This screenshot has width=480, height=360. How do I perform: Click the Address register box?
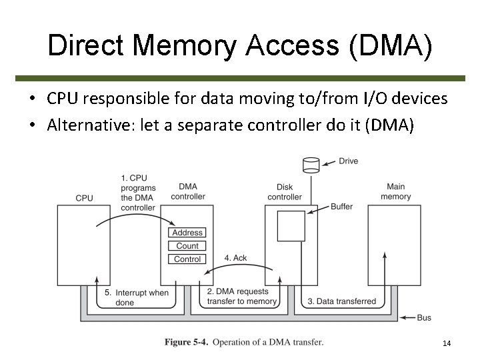point(187,233)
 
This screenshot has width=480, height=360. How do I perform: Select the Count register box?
point(187,246)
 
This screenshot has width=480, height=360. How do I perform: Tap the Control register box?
point(187,259)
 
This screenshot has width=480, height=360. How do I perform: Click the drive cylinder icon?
point(311,163)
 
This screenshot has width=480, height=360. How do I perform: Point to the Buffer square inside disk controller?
point(291,225)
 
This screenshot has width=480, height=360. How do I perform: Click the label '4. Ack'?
point(236,258)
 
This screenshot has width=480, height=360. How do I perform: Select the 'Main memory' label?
point(395,192)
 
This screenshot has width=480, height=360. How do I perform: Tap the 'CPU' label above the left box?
point(85,198)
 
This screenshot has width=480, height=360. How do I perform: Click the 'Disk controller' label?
point(285,192)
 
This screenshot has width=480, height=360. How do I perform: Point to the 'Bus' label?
point(424,318)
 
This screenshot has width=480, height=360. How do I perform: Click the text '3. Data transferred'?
point(341,301)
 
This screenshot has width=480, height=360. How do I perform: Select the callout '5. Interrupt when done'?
point(137,297)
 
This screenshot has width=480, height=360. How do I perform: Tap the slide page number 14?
point(447,343)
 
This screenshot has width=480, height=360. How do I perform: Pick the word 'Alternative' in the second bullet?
point(83,125)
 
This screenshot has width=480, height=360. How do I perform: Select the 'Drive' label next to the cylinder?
point(349,161)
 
